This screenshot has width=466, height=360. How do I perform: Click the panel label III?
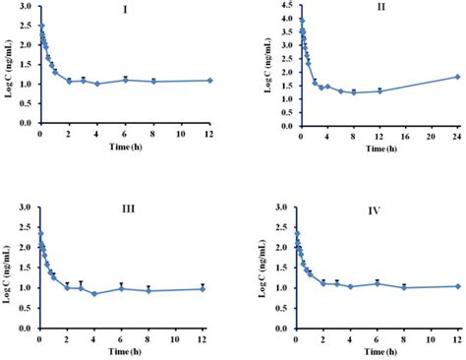(x=122, y=209)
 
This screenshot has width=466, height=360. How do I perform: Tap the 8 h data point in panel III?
(x=149, y=291)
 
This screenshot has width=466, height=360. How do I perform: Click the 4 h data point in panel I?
(x=96, y=84)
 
